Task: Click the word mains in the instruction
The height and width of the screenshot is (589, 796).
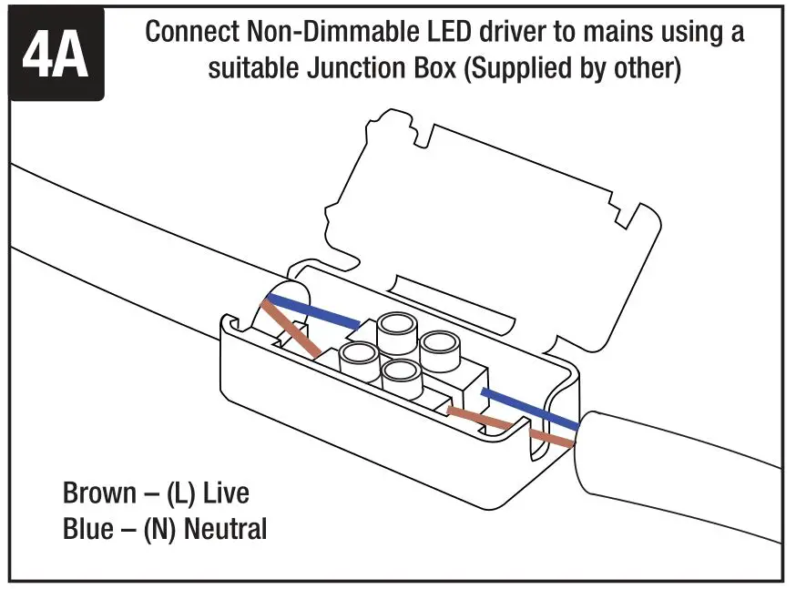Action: tap(615, 32)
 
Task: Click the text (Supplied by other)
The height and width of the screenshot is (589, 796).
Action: tap(573, 69)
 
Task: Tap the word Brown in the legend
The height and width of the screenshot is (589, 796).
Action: tap(98, 493)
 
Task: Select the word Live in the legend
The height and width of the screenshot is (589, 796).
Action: tap(226, 493)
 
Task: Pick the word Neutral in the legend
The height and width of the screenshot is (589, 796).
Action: tap(226, 528)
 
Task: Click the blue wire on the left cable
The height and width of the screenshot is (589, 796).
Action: tap(319, 312)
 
